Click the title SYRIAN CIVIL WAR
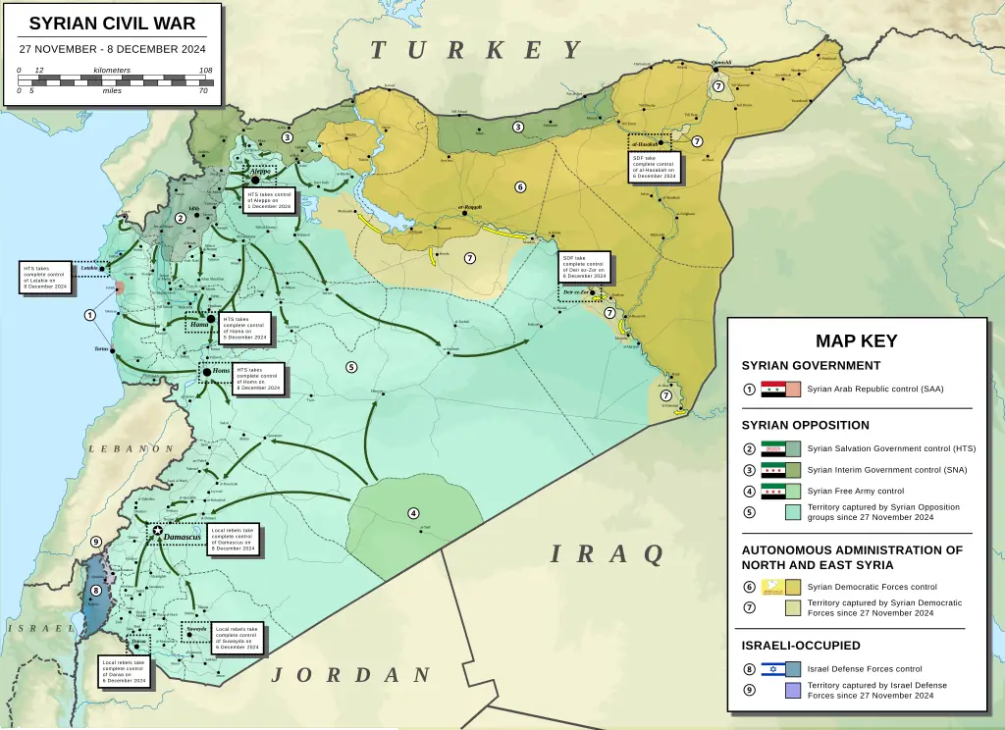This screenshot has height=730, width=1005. [112, 24]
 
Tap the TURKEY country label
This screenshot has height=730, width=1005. [477, 51]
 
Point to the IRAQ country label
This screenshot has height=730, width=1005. [607, 554]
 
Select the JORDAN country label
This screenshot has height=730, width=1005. [350, 675]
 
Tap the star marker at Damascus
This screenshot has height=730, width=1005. [158, 531]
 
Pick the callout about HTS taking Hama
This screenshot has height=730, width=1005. [243, 329]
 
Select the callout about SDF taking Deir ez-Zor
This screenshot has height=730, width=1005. [585, 267]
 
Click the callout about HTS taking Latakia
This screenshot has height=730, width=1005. [46, 277]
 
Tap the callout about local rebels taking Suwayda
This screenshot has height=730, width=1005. [237, 638]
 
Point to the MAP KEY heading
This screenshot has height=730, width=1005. [856, 341]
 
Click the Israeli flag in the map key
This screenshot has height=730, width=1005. [773, 669]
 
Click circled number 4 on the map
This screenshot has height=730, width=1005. [413, 513]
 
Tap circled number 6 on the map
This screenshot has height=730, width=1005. [520, 186]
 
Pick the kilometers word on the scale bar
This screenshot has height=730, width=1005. [112, 71]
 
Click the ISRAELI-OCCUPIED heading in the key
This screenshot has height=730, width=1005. [801, 646]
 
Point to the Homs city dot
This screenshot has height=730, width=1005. [206, 372]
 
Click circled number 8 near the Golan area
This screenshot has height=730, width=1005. [95, 591]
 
